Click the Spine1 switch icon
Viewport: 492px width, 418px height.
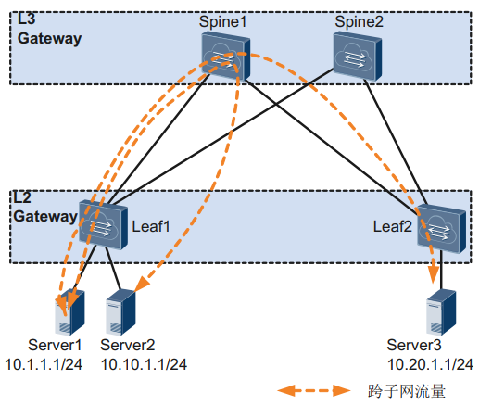225,57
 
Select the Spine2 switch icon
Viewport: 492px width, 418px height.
358,57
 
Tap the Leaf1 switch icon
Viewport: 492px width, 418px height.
103,224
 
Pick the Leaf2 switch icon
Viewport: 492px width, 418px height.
441,228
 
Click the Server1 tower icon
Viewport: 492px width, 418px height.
69,312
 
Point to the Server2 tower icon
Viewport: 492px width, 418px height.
120,312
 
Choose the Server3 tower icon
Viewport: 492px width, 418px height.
441,312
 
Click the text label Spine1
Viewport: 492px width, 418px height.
222,22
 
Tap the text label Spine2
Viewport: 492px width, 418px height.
359,22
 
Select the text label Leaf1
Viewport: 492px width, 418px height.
151,226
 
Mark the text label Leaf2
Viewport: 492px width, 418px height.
392,226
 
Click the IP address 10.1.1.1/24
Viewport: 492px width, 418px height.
44,364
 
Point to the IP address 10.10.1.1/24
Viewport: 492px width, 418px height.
144,364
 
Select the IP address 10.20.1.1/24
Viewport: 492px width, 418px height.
431,364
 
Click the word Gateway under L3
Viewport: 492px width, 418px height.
50,39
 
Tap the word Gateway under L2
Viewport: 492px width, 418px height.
45,217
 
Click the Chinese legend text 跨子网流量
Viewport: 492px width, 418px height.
407,391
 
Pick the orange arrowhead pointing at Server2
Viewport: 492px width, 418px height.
142,284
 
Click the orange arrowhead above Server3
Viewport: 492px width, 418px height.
434,274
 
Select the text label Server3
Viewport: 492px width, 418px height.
414,345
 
